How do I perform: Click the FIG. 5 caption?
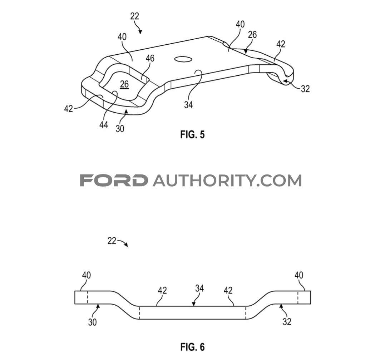(x=192, y=134)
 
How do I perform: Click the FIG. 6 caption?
(x=192, y=347)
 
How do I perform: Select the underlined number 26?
(x=124, y=84)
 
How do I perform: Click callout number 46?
(x=150, y=58)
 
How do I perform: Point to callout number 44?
(x=104, y=125)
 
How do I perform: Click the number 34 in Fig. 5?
(x=188, y=105)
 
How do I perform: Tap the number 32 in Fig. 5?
(x=305, y=89)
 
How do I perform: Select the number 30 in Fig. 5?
(x=120, y=128)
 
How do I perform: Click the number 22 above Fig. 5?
(x=135, y=16)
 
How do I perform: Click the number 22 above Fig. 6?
(x=112, y=241)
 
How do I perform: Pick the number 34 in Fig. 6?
(x=199, y=288)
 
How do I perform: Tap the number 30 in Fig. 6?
(x=92, y=322)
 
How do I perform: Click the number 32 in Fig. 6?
(x=287, y=322)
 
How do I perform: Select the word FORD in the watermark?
(x=114, y=181)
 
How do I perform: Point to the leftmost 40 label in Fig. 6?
(x=87, y=275)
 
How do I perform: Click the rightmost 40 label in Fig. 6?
(x=299, y=275)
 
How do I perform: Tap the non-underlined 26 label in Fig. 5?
(x=252, y=35)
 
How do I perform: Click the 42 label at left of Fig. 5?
(x=69, y=109)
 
